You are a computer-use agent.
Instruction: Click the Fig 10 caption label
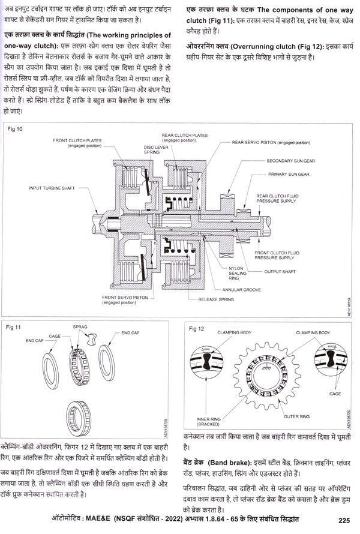point(16,129)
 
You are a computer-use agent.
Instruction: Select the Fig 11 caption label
point(14,328)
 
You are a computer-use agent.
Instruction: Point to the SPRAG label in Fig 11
point(81,328)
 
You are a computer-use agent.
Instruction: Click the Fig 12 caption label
point(196,329)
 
